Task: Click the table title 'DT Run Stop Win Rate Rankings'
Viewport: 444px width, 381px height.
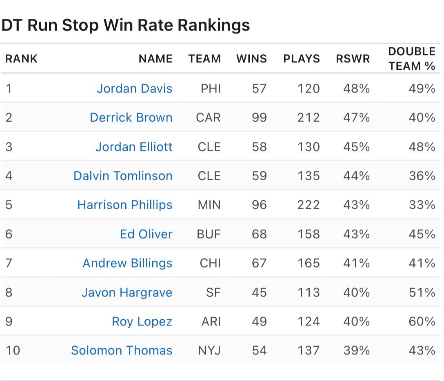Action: click(125, 25)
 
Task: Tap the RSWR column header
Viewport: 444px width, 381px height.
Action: click(353, 59)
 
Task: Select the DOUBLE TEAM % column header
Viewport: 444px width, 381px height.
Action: click(412, 59)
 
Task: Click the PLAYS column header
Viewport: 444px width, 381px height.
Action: click(302, 59)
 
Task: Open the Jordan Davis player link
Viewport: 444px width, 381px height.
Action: click(134, 89)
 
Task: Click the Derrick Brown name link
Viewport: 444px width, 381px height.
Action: click(131, 117)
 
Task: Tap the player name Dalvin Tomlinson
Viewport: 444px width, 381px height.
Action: click(123, 176)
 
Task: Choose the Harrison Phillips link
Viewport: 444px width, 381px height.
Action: click(125, 205)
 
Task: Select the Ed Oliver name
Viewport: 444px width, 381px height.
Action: click(146, 234)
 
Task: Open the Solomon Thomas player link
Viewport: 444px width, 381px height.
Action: click(122, 350)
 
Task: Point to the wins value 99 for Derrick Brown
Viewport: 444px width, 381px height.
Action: click(259, 117)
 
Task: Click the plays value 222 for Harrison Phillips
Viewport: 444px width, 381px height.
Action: click(309, 205)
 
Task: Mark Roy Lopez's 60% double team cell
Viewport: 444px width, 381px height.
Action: click(422, 321)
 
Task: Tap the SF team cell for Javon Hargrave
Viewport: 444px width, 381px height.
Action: click(213, 292)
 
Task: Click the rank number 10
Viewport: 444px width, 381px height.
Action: click(13, 350)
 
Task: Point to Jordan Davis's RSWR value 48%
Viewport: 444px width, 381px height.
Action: click(356, 89)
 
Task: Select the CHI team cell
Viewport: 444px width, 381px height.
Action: click(210, 263)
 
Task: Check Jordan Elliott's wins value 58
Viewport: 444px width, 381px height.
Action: click(259, 147)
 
